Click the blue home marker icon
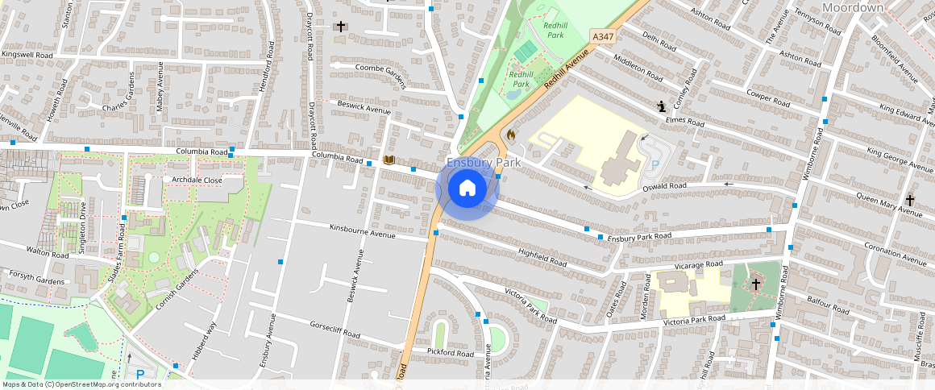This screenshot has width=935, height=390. pyautogui.click(x=467, y=189)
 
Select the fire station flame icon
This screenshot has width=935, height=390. pyautogui.click(x=510, y=135)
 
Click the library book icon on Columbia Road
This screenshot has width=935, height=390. pyautogui.click(x=389, y=161)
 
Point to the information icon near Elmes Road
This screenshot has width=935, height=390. pyautogui.click(x=662, y=106)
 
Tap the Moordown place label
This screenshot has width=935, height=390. pyautogui.click(x=852, y=7)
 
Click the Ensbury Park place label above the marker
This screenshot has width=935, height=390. pyautogui.click(x=484, y=163)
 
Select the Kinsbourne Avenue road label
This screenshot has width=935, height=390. pyautogui.click(x=362, y=230)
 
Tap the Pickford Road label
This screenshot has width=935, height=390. pyautogui.click(x=451, y=353)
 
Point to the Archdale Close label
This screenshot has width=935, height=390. pyautogui.click(x=197, y=180)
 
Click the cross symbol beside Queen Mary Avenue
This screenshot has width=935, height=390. pyautogui.click(x=910, y=200)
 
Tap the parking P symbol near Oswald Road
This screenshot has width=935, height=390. pyautogui.click(x=654, y=164)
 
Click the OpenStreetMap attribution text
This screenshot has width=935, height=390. pyautogui.click(x=81, y=384)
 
